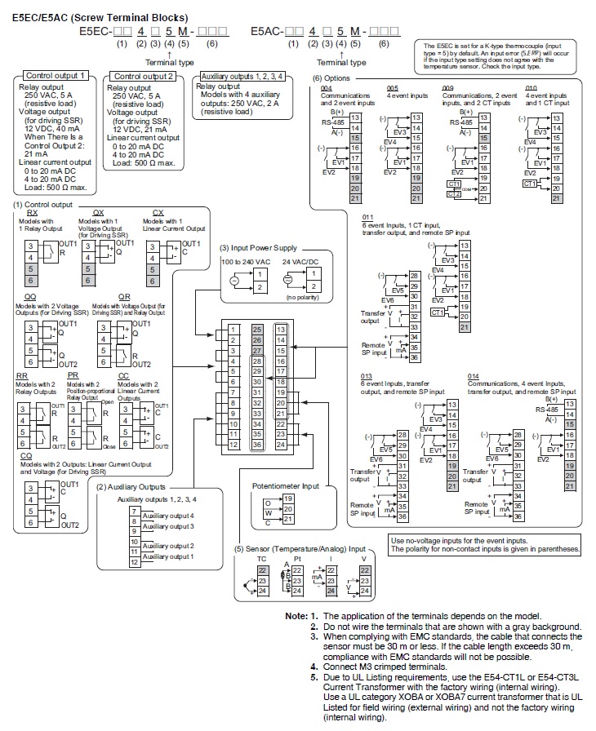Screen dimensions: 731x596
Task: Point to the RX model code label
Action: tap(33, 211)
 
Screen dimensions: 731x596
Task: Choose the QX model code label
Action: tap(98, 211)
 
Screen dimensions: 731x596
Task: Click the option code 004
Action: tap(326, 86)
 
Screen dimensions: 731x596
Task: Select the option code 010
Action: tap(532, 86)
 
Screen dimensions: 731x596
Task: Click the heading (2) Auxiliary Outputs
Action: tap(131, 487)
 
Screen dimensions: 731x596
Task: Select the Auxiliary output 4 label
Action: tap(167, 516)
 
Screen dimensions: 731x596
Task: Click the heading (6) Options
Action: tap(333, 78)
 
